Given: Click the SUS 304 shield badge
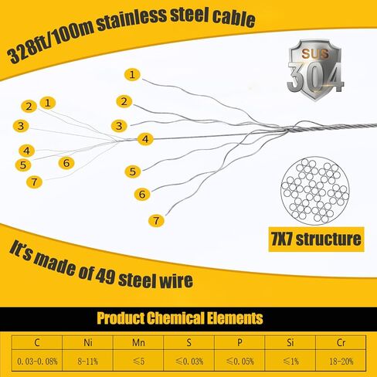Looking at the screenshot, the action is pyautogui.click(x=315, y=70).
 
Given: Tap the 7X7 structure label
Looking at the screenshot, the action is pyautogui.click(x=316, y=239).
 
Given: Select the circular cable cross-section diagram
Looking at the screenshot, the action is pyautogui.click(x=315, y=191).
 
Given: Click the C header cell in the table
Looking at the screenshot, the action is pyautogui.click(x=37, y=342).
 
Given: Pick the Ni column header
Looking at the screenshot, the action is pyautogui.click(x=88, y=342).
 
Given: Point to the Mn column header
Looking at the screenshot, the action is pyautogui.click(x=138, y=342).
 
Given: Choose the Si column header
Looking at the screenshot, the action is pyautogui.click(x=290, y=342).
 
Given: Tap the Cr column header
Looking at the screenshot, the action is pyautogui.click(x=341, y=342).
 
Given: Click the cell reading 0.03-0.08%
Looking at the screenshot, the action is pyautogui.click(x=37, y=362).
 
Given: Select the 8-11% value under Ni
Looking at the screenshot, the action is pyautogui.click(x=88, y=362).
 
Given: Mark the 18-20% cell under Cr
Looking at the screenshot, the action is pyautogui.click(x=341, y=362).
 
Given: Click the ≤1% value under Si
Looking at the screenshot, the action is pyautogui.click(x=290, y=362).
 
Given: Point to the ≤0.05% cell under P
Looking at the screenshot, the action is pyautogui.click(x=239, y=362).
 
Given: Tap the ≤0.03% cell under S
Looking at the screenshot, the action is pyautogui.click(x=189, y=362).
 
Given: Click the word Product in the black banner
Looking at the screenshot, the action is pyautogui.click(x=121, y=318).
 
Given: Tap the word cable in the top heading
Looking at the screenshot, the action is pyautogui.click(x=233, y=19).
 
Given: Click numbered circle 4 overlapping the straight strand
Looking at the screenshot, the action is pyautogui.click(x=145, y=139).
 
